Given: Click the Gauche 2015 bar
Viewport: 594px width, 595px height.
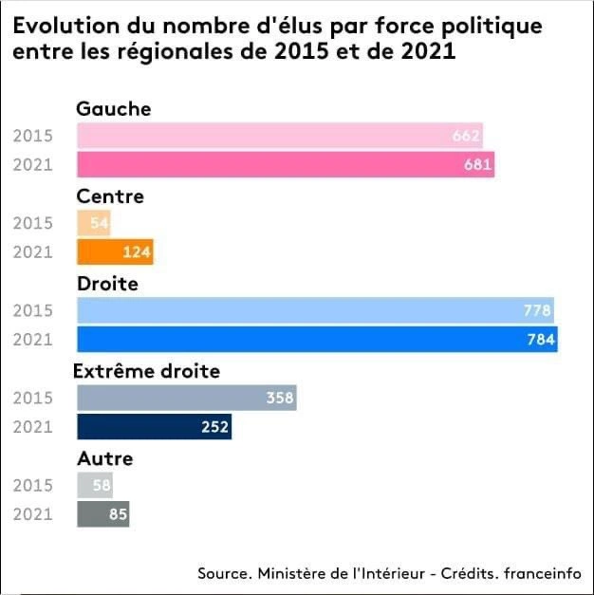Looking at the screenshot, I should (x=280, y=136).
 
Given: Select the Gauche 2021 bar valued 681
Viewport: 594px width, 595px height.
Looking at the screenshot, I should (x=286, y=165).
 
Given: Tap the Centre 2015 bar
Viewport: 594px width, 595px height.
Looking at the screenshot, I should (x=94, y=224).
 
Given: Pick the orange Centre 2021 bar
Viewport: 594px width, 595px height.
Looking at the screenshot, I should (x=115, y=252).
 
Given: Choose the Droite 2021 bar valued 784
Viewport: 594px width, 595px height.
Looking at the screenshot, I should (x=317, y=340).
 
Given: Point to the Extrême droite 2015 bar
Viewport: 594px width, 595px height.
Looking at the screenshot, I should (x=186, y=398).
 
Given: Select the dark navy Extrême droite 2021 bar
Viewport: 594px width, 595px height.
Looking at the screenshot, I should (x=154, y=427).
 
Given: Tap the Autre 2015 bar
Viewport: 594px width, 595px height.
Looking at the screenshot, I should (x=95, y=485).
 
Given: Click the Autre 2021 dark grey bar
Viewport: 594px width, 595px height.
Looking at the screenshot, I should (x=102, y=514).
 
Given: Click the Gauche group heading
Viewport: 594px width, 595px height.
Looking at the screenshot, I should (x=114, y=108).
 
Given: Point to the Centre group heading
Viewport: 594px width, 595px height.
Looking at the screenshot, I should (x=110, y=196).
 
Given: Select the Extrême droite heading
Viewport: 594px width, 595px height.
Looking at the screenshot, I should (x=148, y=371).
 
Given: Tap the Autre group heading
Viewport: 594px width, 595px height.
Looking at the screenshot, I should (x=104, y=458).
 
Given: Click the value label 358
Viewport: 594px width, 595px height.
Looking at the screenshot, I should (x=280, y=399).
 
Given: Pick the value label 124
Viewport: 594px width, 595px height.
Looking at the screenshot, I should (x=137, y=253).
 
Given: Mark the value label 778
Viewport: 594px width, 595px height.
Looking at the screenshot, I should (x=537, y=310).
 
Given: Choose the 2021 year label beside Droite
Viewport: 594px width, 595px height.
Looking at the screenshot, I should (x=33, y=340).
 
